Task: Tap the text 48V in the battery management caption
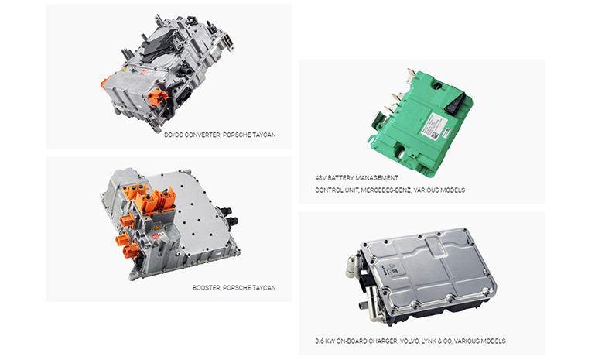(x=320, y=178)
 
